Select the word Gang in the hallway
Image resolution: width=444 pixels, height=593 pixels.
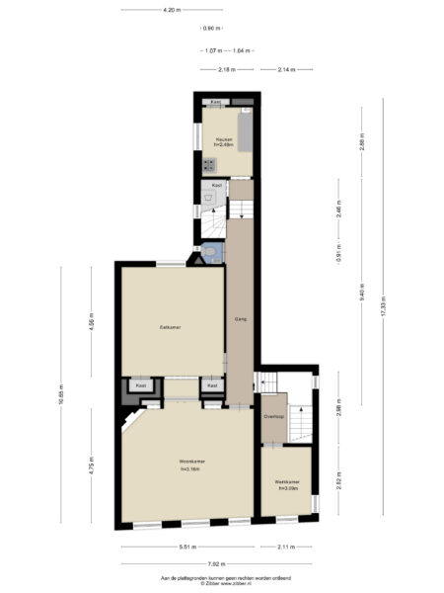pos(240,319)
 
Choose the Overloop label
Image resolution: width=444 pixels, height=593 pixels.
pos(273,417)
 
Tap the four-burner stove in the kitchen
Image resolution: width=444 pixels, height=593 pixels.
pos(208,160)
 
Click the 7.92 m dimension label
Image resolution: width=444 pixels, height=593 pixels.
pos(221,563)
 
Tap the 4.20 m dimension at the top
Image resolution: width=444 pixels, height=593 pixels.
pos(171,9)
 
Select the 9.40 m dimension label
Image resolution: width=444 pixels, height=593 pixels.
pos(361,295)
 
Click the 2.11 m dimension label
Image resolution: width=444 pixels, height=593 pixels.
pos(288,547)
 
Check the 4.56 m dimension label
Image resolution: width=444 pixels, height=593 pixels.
pos(91,325)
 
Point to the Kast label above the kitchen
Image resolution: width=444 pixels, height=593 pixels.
pos(215,102)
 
